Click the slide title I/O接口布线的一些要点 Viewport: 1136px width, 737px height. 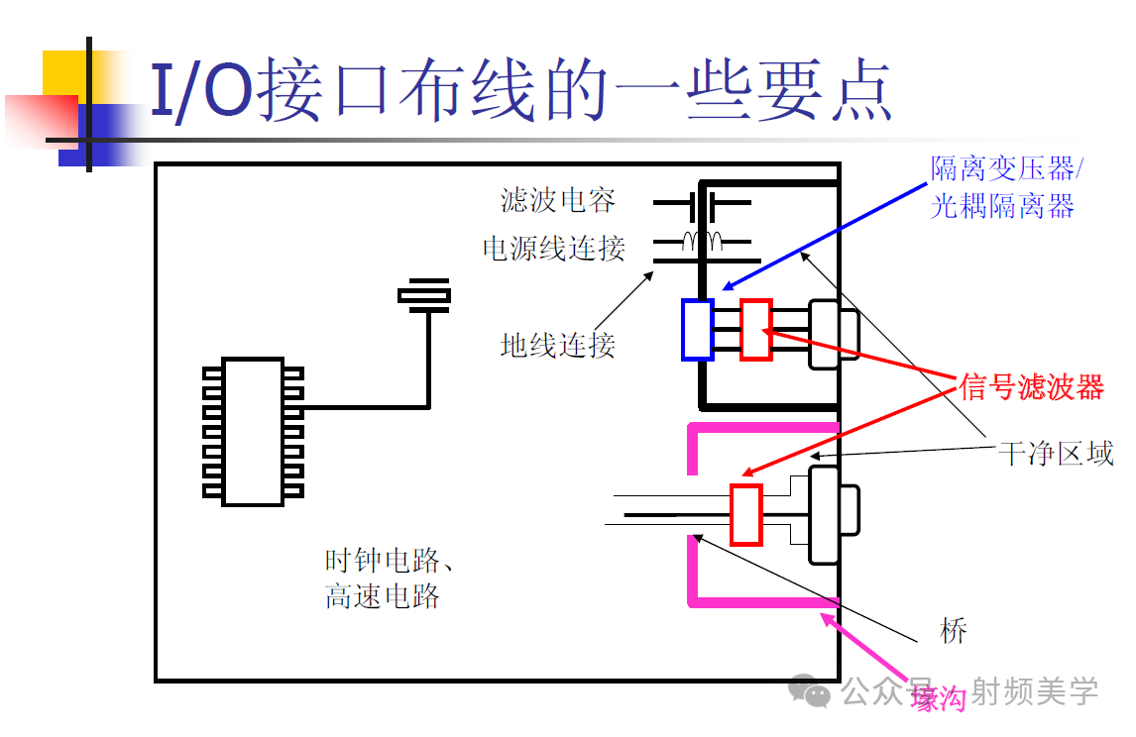coord(519,90)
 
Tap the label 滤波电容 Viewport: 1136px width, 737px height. coord(557,200)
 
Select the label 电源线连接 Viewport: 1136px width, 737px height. coord(553,248)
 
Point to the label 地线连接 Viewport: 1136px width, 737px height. coord(557,345)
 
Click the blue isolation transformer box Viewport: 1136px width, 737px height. coord(697,328)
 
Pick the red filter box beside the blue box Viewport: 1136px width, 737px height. coord(755,329)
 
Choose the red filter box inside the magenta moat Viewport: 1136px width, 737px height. coord(745,514)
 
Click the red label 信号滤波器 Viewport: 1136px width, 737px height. coord(1031,387)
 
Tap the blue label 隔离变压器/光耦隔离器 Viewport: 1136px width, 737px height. coord(1005,187)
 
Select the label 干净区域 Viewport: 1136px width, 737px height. coord(1055,455)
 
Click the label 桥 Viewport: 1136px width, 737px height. coord(953,631)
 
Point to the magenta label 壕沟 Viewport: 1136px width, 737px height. coord(938,699)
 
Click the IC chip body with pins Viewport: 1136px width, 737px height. coord(253,431)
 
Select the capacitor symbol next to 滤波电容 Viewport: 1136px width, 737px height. coord(701,203)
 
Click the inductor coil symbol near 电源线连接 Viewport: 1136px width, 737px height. coord(702,239)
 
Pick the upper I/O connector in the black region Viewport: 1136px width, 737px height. coord(832,335)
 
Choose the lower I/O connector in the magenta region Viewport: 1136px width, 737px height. coord(832,513)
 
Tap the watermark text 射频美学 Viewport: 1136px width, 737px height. coord(1035,691)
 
